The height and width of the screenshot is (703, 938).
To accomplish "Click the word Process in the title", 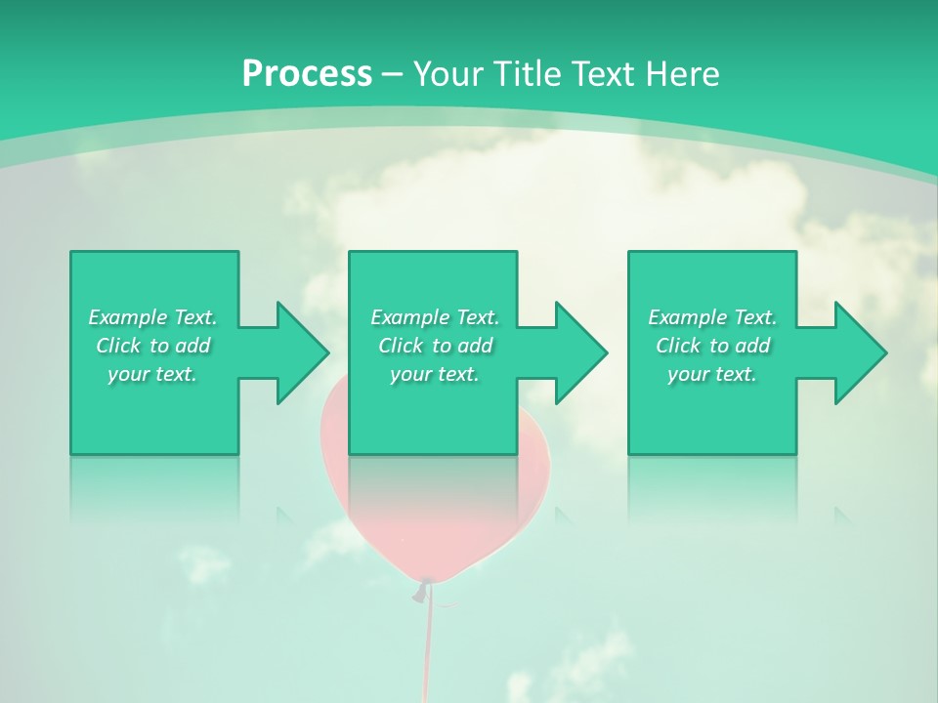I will [307, 74].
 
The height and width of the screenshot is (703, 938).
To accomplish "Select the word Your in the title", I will [449, 74].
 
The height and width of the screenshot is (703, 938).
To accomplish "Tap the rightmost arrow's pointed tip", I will [885, 352].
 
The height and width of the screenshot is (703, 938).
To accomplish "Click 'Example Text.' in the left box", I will [152, 317].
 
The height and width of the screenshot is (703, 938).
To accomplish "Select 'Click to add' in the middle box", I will [435, 346].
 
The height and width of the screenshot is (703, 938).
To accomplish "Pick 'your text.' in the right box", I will [712, 374].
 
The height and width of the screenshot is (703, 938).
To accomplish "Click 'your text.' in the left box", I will [152, 374].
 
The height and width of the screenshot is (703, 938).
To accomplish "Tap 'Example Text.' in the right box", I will [712, 317].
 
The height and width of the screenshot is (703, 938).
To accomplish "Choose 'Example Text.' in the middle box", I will [435, 317].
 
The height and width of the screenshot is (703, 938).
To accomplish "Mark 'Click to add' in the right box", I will [712, 346].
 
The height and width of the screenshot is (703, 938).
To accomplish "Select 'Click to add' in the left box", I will [152, 346].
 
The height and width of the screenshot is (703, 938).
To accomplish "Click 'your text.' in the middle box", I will [435, 374].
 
